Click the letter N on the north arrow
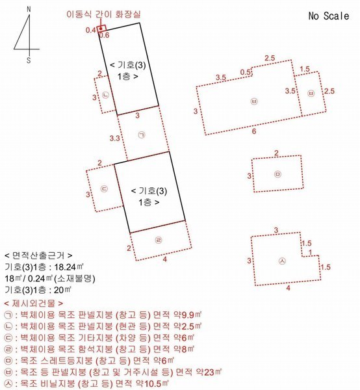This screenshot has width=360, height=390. [29, 10]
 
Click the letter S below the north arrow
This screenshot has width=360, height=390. [28, 60]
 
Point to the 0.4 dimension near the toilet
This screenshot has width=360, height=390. [90, 30]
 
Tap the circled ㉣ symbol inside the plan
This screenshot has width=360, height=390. [158, 239]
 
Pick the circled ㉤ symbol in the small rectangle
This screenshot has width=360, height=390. [277, 174]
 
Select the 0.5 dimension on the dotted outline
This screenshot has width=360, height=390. [245, 72]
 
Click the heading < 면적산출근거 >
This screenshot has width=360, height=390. [38, 256]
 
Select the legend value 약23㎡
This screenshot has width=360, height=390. [210, 372]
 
